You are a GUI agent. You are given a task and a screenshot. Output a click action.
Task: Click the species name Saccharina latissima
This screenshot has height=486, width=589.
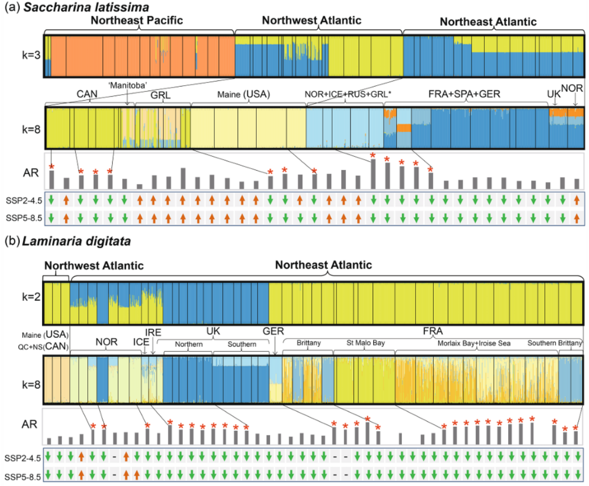[86, 7]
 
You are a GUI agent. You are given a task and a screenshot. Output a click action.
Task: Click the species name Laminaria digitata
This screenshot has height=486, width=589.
[76, 241]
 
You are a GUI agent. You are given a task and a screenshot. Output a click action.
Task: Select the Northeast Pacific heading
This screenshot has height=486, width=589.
[137, 20]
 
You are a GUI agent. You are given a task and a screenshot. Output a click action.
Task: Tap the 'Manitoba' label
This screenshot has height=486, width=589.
[128, 85]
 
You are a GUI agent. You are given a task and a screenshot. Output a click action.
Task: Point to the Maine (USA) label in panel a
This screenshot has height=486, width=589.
[243, 94]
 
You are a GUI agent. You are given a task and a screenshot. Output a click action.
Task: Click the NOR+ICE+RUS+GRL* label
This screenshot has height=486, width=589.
[348, 94]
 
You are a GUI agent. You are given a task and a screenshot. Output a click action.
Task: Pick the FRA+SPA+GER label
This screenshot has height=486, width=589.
[464, 94]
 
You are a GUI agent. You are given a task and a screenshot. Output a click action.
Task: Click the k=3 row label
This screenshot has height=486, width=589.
[31, 55]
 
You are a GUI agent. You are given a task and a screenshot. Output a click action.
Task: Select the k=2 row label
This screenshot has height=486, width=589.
[31, 297]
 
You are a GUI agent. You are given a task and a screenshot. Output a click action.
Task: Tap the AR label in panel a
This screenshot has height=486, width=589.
[31, 173]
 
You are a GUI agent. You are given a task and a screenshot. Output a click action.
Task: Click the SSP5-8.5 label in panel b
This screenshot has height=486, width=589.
[22, 477]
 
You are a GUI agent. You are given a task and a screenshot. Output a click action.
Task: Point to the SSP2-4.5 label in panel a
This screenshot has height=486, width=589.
[24, 200]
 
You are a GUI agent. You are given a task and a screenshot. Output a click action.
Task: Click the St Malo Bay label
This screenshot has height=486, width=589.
[366, 343]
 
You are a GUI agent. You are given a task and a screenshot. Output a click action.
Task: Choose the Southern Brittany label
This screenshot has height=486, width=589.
[554, 343]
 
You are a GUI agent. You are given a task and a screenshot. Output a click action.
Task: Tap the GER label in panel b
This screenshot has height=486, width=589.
[273, 331]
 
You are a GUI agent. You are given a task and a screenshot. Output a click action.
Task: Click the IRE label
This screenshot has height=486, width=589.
[153, 332]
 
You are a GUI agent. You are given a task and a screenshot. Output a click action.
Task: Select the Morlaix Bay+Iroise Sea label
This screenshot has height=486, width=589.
[474, 343]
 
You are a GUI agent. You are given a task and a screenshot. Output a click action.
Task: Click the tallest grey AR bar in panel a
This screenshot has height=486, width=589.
[373, 174]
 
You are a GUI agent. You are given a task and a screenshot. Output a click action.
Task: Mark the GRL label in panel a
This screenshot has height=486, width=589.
[161, 95]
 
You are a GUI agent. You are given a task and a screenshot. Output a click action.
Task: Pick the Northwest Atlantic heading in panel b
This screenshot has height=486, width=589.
[94, 266]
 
